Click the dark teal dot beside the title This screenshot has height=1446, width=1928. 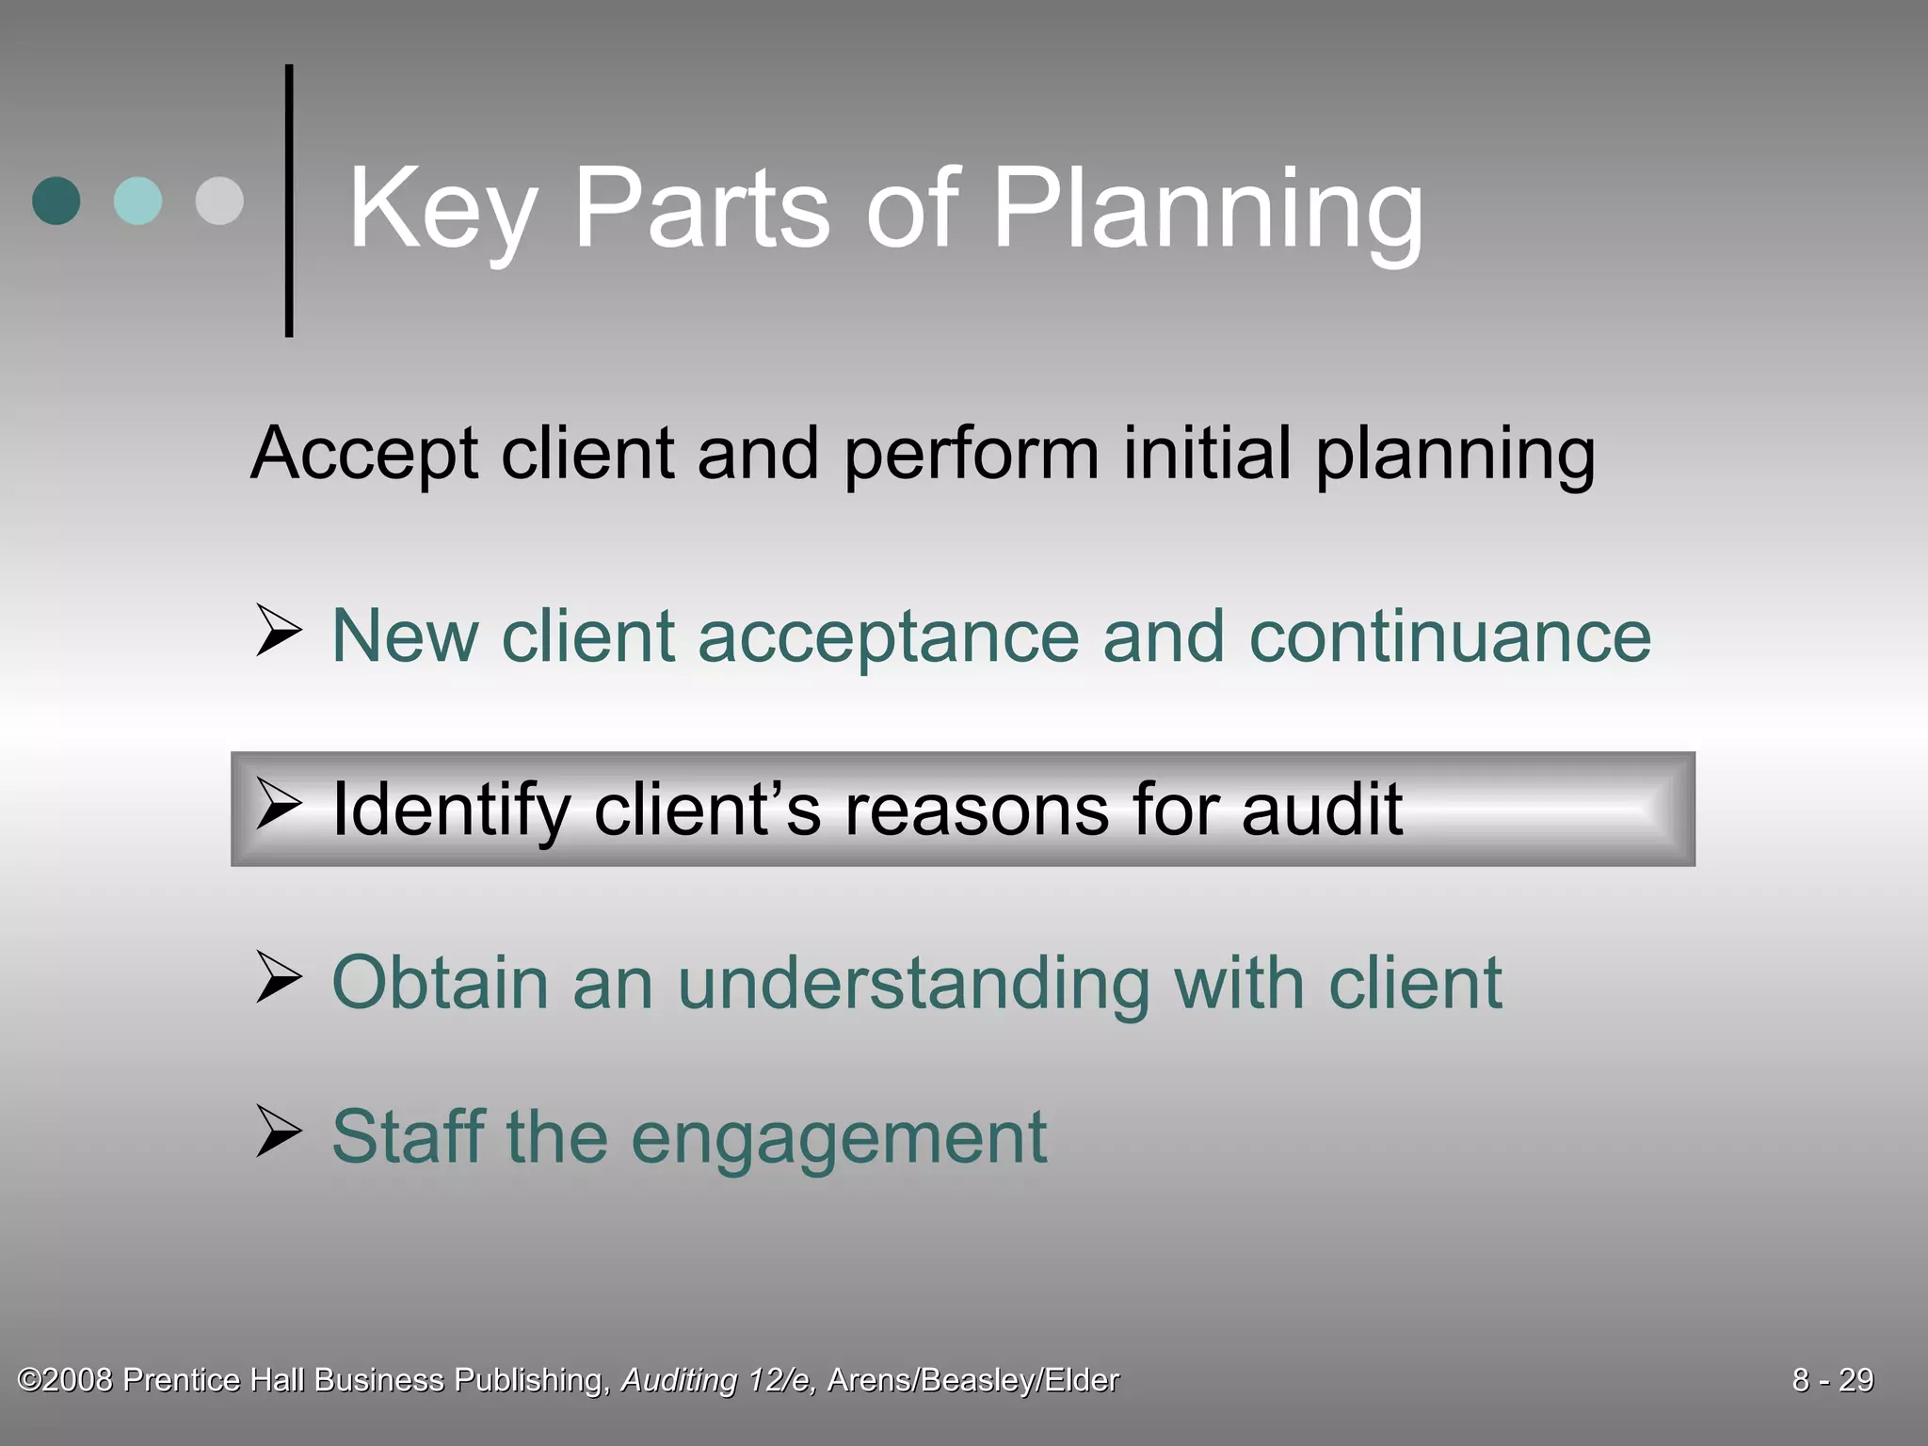click(56, 201)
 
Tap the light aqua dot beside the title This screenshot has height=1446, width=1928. click(137, 201)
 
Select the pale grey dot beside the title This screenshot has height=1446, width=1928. click(219, 201)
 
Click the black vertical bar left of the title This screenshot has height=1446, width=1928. click(289, 201)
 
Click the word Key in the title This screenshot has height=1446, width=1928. click(442, 209)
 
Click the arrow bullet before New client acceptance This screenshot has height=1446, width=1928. click(279, 632)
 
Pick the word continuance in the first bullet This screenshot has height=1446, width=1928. click(1450, 637)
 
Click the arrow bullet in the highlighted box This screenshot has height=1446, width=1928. click(279, 806)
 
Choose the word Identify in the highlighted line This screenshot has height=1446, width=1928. click(451, 811)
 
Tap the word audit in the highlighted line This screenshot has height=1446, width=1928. click(1322, 809)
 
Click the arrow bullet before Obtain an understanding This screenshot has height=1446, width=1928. click(279, 978)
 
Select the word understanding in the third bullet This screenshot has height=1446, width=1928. click(913, 985)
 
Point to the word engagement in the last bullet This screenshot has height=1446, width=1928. click(839, 1138)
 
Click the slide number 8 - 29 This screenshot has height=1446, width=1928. click(1832, 1380)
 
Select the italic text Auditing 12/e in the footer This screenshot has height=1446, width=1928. click(718, 1380)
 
